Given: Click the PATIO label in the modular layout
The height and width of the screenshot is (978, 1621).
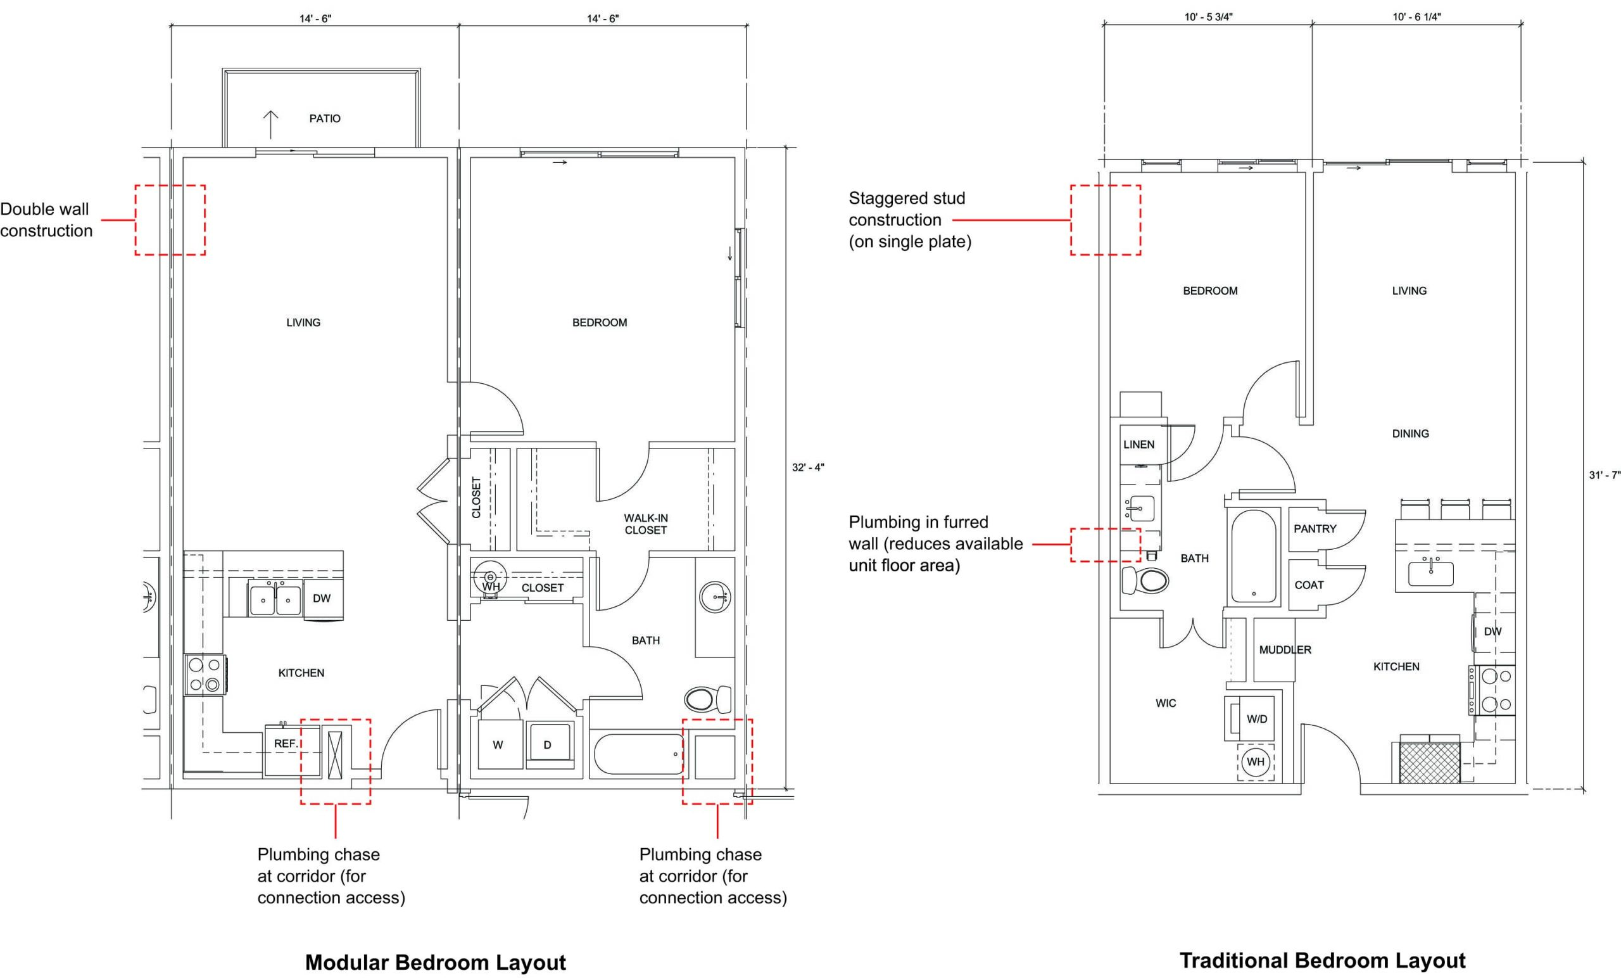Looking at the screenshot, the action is click(x=325, y=118).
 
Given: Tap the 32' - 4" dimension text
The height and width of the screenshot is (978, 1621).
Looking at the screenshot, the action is click(x=808, y=467).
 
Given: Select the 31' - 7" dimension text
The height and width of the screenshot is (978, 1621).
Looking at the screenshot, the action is click(x=1604, y=475).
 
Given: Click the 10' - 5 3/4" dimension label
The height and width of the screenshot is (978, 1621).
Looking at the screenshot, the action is click(x=1208, y=17).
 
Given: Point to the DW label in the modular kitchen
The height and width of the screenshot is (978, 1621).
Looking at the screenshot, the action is click(x=322, y=598).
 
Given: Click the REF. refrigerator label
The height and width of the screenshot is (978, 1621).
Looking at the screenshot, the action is click(x=286, y=743).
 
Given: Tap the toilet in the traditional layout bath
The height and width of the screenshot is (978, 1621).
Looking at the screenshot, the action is click(x=1145, y=580).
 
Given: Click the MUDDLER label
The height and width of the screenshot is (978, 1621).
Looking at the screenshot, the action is click(x=1285, y=650).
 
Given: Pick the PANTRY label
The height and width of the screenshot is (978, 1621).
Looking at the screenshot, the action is click(x=1315, y=528).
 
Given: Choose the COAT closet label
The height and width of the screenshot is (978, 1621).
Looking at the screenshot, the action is click(x=1309, y=585).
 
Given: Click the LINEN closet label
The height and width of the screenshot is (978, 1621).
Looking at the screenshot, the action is click(x=1138, y=444).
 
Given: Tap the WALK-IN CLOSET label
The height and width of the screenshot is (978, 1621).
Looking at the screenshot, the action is click(x=646, y=524).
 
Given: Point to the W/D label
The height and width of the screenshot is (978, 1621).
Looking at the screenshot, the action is click(x=1257, y=719).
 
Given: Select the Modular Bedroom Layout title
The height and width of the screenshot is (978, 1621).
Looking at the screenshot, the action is click(x=436, y=962).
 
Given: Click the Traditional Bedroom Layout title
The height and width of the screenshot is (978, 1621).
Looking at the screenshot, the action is click(x=1322, y=960).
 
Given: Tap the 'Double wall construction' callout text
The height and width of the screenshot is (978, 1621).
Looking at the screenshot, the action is click(x=46, y=220).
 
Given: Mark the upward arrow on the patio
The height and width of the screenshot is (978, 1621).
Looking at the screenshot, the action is click(x=270, y=124).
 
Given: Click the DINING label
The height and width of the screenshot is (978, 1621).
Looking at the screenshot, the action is click(x=1411, y=434).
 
